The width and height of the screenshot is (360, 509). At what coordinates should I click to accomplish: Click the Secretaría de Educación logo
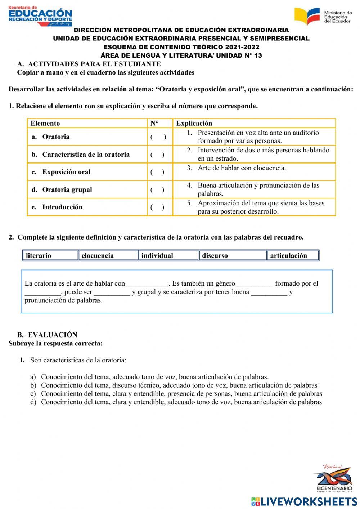40,16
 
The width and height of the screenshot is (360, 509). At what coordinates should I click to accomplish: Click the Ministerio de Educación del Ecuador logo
323,16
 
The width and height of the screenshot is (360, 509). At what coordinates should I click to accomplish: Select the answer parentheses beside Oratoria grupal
158,190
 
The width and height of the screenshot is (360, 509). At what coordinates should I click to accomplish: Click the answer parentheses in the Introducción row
158,207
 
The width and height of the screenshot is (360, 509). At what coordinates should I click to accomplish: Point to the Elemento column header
45,123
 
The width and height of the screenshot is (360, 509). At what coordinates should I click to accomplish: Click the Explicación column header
194,123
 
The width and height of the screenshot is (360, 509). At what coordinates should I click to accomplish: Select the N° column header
154,123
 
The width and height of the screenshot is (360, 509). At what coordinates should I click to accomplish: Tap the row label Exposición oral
66,172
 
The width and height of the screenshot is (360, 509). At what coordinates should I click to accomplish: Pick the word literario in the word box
39,255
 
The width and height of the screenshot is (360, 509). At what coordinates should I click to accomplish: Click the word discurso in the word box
215,255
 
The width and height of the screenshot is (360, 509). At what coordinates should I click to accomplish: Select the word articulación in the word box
288,255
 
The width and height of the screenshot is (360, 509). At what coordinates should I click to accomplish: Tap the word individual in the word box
157,255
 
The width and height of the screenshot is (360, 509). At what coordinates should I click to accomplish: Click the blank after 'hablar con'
147,284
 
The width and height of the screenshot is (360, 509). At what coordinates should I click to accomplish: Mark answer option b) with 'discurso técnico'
179,385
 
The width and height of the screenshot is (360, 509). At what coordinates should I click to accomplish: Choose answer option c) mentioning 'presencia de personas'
181,393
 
